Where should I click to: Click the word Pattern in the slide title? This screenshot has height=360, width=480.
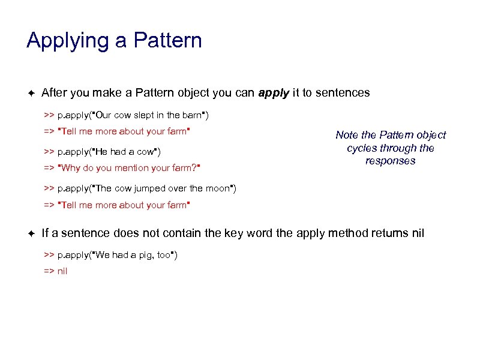[168, 41]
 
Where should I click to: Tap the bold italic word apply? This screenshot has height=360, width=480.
[274, 93]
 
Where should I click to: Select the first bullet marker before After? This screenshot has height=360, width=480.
[31, 93]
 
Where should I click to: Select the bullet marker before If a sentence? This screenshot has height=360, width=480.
[31, 233]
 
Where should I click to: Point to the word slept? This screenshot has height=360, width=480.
[137, 115]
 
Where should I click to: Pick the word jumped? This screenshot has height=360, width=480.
[153, 188]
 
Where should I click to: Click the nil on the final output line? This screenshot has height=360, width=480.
[62, 271]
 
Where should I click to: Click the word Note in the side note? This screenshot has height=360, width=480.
[347, 136]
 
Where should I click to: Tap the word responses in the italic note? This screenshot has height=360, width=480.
[390, 161]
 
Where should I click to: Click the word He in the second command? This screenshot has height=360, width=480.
[100, 151]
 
